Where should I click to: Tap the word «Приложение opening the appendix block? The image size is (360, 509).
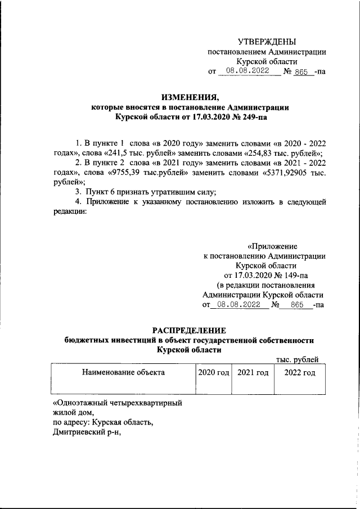(x=273, y=246)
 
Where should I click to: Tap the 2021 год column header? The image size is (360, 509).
(x=253, y=372)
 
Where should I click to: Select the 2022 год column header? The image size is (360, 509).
(x=300, y=372)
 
